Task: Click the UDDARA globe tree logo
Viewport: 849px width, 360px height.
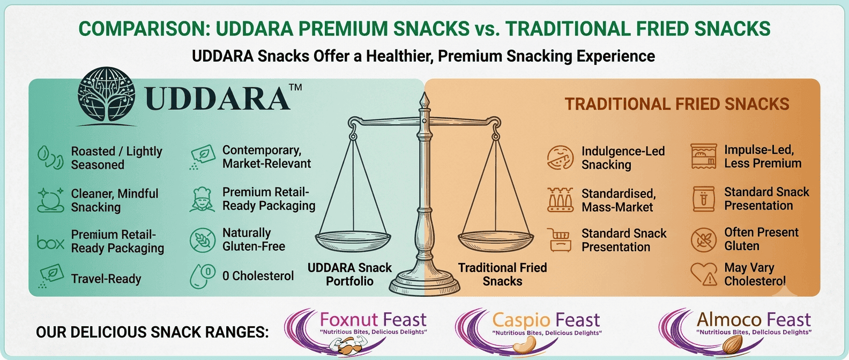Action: click(107, 95)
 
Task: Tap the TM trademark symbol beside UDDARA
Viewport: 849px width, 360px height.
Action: click(295, 87)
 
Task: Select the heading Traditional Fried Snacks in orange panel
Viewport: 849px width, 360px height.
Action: click(677, 104)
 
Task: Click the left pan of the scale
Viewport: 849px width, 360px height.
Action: click(353, 241)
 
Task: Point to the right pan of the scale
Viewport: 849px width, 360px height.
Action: click(496, 241)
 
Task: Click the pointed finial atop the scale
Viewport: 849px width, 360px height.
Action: click(424, 100)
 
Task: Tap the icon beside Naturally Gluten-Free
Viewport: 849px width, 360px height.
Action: click(203, 240)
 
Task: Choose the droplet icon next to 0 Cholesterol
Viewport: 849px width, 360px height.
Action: click(203, 276)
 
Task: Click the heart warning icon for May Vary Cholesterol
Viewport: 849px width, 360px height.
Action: click(704, 274)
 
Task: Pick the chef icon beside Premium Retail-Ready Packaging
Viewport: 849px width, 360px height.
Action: click(202, 199)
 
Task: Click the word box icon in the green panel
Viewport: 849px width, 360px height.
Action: click(50, 242)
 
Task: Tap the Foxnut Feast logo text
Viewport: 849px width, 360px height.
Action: click(373, 320)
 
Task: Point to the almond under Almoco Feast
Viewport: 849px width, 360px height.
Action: click(732, 344)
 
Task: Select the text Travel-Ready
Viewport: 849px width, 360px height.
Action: click(106, 279)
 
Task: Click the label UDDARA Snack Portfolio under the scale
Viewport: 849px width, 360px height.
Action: click(349, 274)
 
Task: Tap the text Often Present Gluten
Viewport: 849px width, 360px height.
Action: click(761, 239)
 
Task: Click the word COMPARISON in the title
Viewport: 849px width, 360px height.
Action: click(144, 29)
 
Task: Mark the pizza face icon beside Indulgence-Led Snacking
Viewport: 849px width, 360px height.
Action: click(560, 157)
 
